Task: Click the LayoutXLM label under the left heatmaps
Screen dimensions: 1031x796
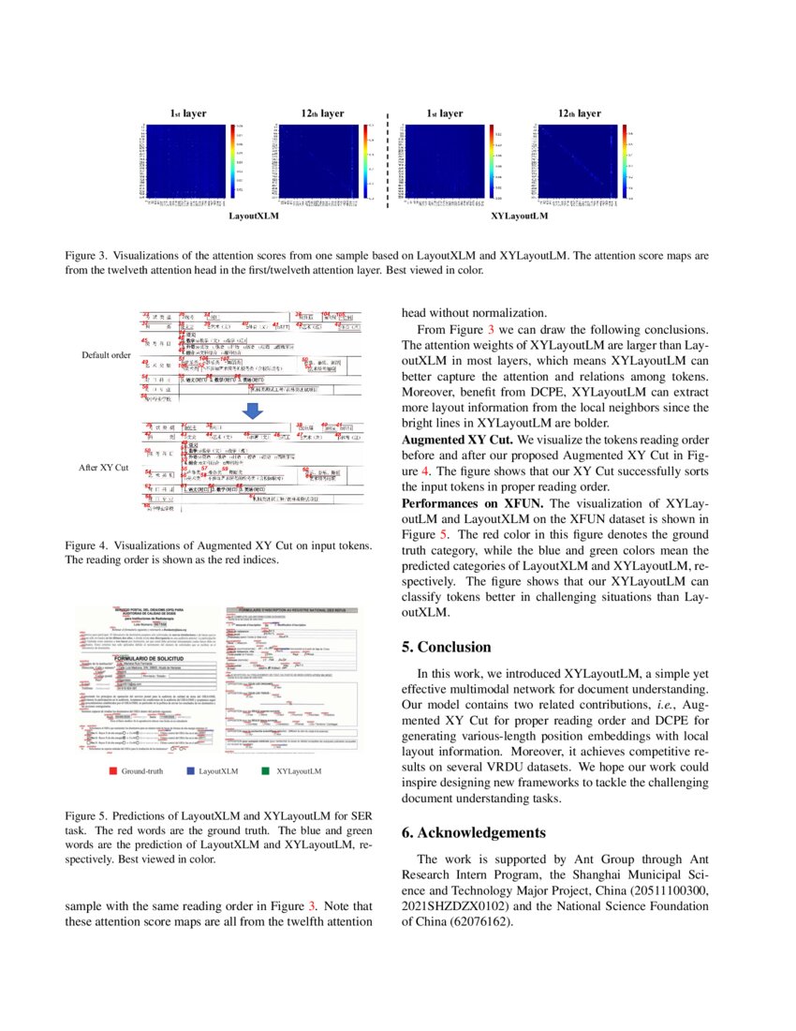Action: tap(256, 216)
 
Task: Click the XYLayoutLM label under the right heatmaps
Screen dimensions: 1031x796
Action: tap(519, 216)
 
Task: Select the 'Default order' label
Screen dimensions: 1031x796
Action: tap(106, 355)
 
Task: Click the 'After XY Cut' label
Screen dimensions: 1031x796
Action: tap(104, 466)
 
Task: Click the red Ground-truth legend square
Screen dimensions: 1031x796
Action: tap(112, 771)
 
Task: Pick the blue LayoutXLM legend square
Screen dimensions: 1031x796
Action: tap(191, 771)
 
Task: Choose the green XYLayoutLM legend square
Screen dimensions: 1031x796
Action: tap(268, 771)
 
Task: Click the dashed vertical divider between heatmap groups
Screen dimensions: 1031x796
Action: tap(387, 159)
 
